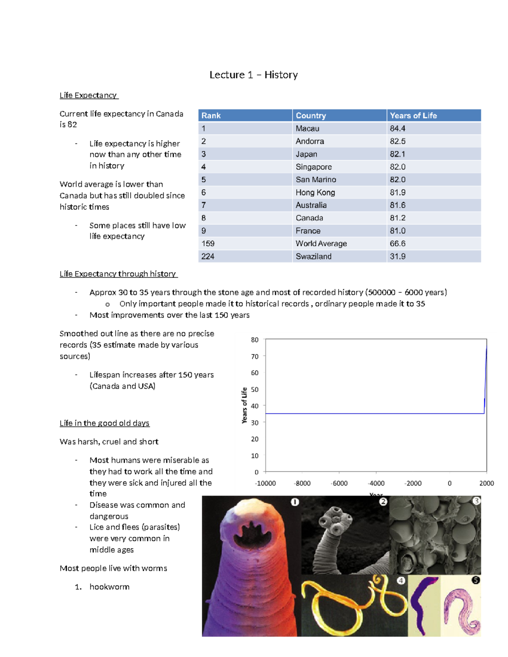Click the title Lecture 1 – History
point(253,75)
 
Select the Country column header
point(311,115)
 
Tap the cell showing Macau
point(307,128)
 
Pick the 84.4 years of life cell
point(398,128)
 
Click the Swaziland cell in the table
point(313,256)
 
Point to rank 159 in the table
point(208,244)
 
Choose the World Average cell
point(321,244)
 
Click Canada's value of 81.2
point(398,218)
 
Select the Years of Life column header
point(413,115)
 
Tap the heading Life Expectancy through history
point(118,274)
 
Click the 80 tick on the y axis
point(254,340)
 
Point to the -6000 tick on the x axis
point(340,483)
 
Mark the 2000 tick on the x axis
point(486,483)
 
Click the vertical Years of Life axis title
point(244,405)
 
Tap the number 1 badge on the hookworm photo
point(295,502)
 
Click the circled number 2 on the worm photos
point(383,502)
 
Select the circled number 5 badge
point(476,580)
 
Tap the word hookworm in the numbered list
point(109,587)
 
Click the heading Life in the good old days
point(105,423)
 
